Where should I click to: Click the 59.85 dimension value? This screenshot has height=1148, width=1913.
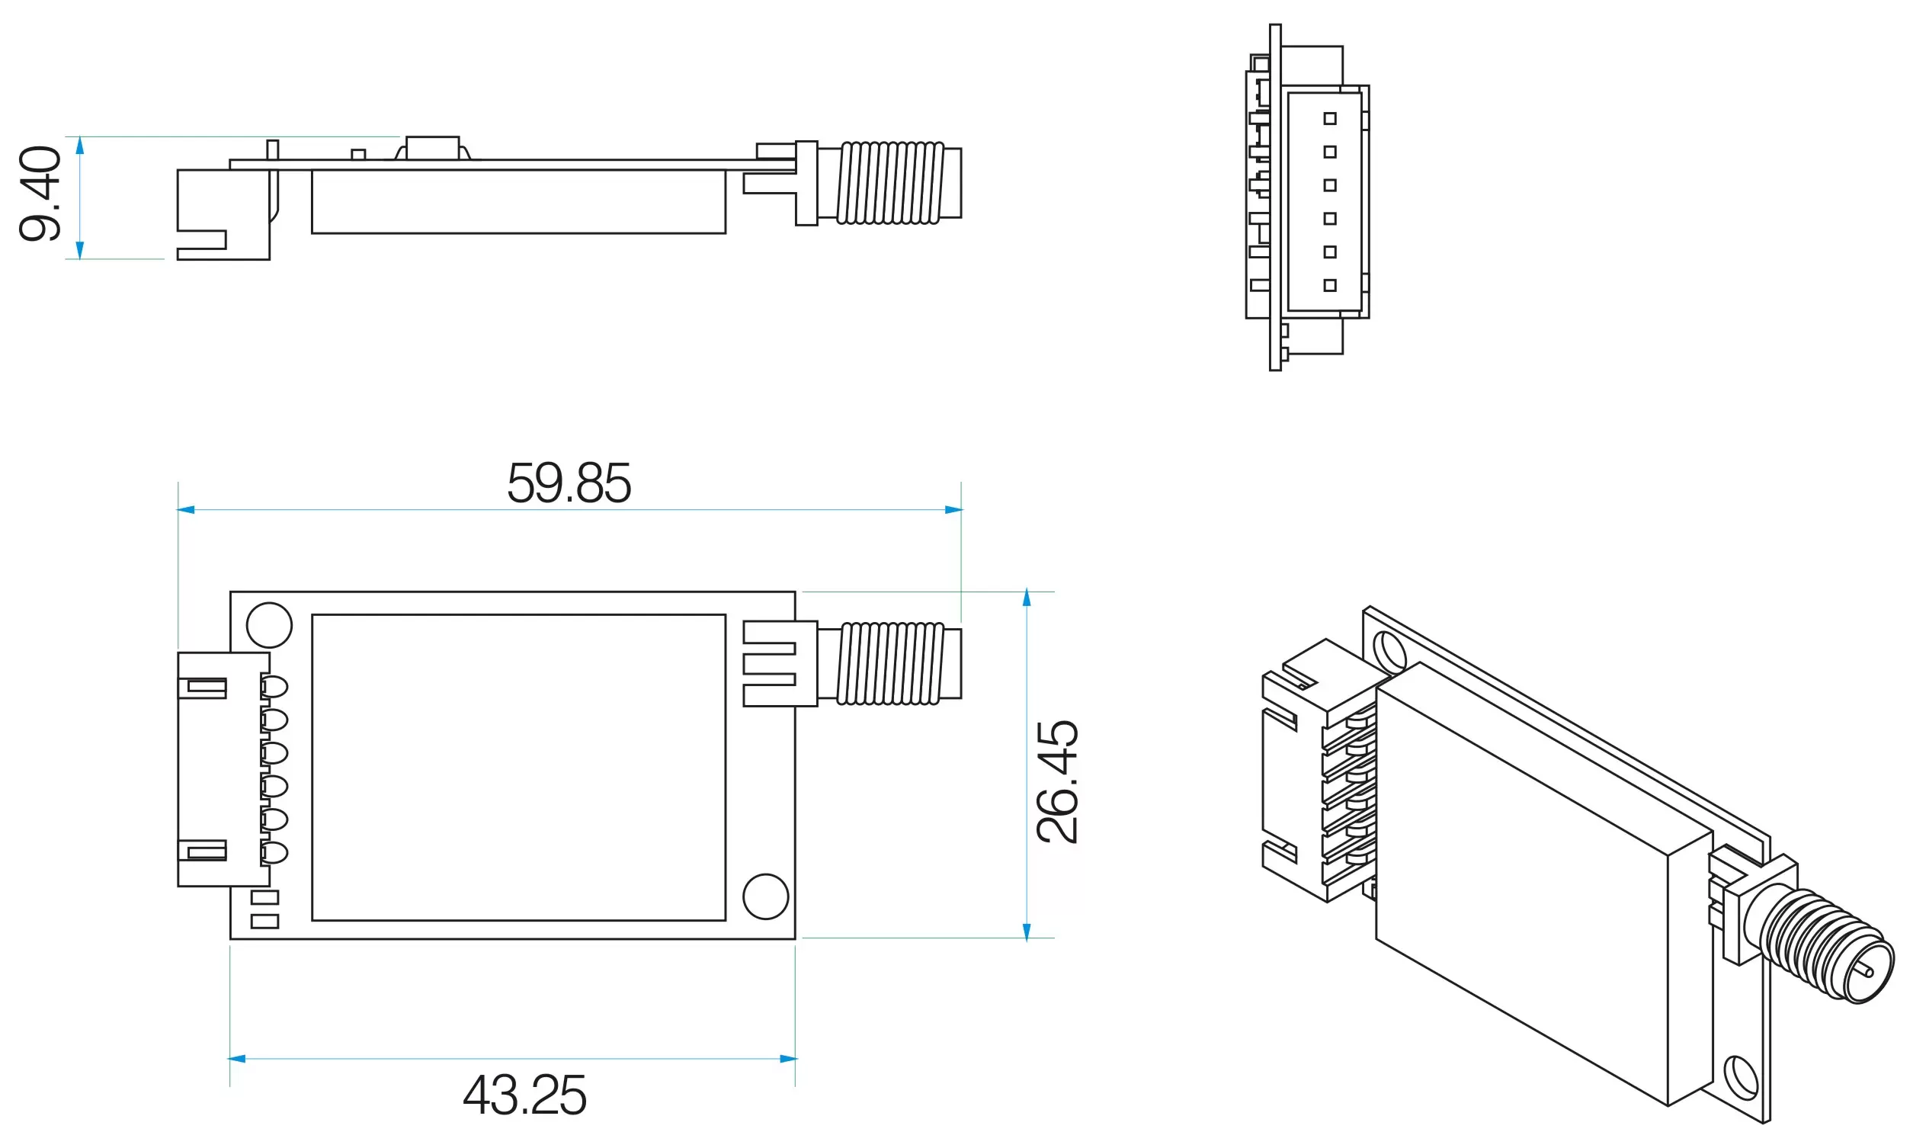(x=569, y=483)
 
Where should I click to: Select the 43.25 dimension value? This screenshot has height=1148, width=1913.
(x=524, y=1095)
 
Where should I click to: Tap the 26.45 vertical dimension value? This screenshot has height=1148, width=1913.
(x=1057, y=781)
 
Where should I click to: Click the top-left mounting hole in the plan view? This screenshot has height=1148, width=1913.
(x=269, y=625)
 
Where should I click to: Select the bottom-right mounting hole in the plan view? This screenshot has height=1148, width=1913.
(x=765, y=896)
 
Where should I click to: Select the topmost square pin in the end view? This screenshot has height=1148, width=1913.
(x=1330, y=118)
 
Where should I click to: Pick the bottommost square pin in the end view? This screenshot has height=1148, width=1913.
(x=1330, y=285)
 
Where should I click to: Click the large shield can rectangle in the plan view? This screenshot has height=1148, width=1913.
(x=518, y=768)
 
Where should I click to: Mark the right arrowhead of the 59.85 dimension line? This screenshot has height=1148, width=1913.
(x=953, y=510)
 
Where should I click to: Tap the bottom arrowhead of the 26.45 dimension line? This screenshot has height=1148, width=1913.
(x=1027, y=932)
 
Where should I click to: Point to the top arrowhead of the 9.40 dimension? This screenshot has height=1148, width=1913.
(x=79, y=146)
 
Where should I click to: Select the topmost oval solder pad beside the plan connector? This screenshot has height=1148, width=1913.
(x=274, y=686)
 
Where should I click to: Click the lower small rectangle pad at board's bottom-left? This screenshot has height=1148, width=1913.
(x=264, y=922)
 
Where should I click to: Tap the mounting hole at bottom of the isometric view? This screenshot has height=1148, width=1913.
(x=1741, y=1078)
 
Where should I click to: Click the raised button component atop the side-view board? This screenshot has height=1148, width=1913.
(x=432, y=148)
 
